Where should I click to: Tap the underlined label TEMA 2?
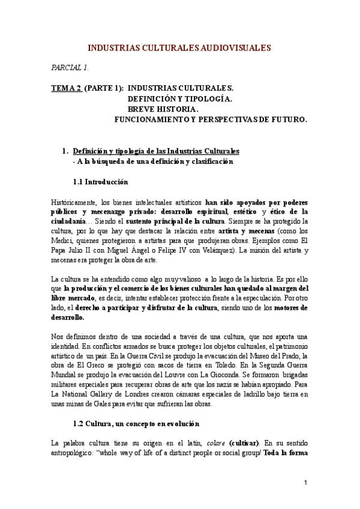[x=66, y=88]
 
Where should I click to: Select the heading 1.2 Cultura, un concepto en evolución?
[x=135, y=424]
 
